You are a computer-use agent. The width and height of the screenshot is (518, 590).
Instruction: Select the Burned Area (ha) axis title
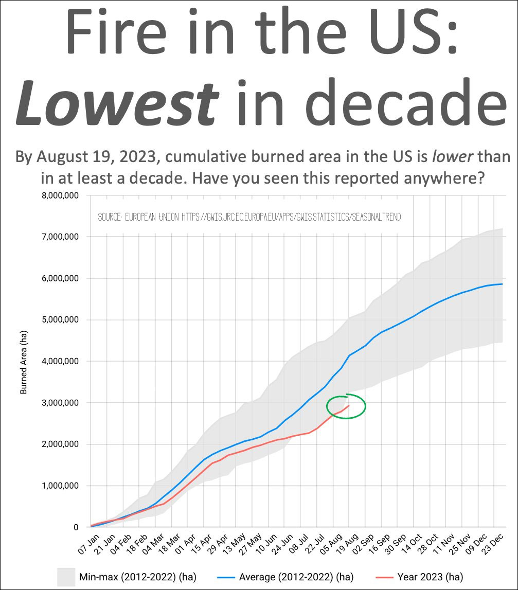(x=24, y=362)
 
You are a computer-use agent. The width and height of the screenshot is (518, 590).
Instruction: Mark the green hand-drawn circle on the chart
(x=346, y=406)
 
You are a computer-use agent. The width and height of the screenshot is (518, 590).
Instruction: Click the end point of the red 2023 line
(x=349, y=405)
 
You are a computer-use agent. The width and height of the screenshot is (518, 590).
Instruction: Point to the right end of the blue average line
(x=502, y=284)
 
